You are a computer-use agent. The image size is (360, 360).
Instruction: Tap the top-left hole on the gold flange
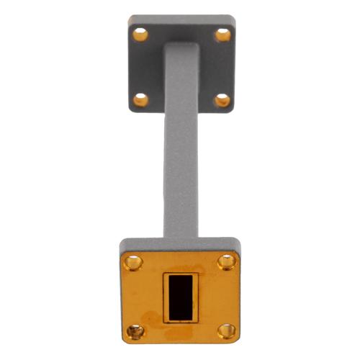point(133,261)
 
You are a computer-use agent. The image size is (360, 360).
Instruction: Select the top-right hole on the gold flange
point(226,261)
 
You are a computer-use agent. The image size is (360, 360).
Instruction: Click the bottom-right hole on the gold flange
point(226,330)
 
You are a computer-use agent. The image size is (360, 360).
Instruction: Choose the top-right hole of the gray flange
point(223,35)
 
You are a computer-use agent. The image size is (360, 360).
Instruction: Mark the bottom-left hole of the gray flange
point(141,99)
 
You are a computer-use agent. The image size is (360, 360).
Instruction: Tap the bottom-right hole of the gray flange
point(222,100)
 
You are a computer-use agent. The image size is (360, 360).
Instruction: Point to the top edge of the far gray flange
point(182,18)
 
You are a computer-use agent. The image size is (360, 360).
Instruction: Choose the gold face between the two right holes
point(226,296)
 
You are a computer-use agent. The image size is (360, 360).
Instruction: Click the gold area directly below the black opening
point(180,332)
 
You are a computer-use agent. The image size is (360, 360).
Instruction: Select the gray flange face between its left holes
point(141,67)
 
